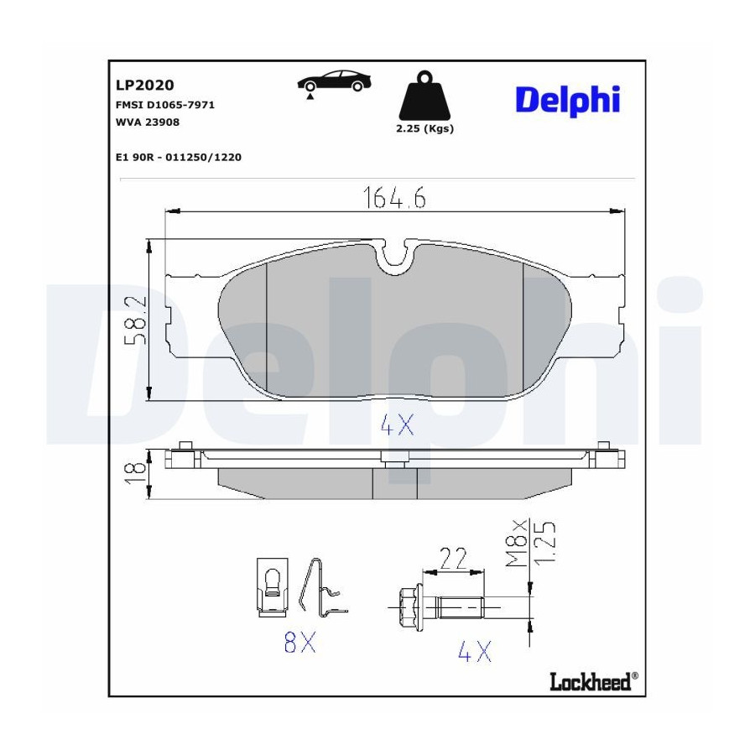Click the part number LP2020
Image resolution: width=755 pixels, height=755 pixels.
pos(144,85)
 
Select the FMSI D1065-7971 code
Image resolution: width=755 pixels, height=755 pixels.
pos(165,105)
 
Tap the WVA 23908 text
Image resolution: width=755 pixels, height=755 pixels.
pos(148,122)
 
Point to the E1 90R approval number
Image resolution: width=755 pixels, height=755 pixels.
pos(179,157)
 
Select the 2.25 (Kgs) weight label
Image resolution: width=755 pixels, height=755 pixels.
pos(424,128)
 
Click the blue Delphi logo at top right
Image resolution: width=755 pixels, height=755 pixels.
pos(568,101)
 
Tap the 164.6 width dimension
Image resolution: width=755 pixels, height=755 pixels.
pos(394,197)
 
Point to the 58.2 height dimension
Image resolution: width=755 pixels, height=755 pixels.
pos(135,320)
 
